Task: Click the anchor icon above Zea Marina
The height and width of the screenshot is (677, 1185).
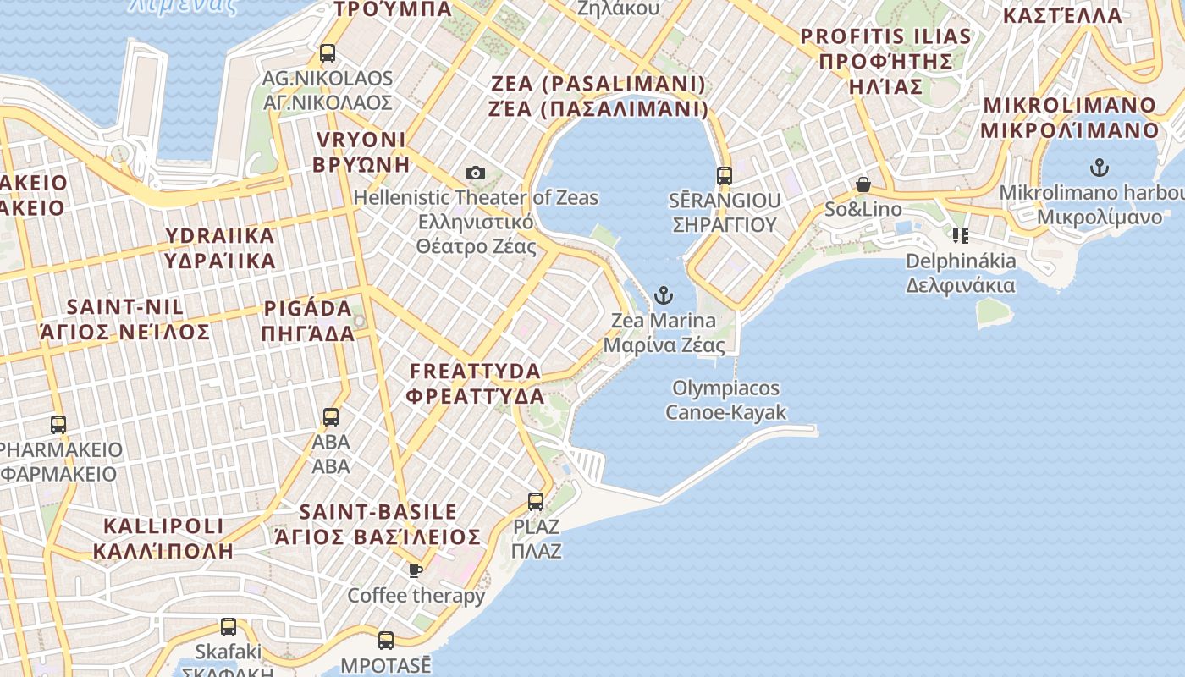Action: [664, 295]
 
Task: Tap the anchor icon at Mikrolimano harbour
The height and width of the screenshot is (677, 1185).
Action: [1099, 167]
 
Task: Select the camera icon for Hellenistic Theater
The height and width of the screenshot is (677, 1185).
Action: [476, 173]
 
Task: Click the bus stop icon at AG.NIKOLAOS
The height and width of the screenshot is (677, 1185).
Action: [328, 53]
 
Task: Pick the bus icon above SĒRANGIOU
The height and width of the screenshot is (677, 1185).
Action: [724, 176]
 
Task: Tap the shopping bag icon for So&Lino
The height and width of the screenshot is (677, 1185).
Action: [863, 184]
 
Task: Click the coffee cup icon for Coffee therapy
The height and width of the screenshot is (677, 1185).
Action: [416, 570]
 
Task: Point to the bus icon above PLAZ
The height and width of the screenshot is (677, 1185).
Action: [536, 502]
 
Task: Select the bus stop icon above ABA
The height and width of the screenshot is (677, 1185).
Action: [331, 416]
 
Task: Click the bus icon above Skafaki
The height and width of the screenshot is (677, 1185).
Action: [229, 627]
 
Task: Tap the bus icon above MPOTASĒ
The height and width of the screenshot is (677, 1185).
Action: [386, 640]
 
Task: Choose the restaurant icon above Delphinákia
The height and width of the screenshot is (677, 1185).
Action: [960, 235]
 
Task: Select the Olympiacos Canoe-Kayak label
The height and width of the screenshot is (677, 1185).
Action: [726, 400]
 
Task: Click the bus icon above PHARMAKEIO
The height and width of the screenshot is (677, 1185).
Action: [58, 424]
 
